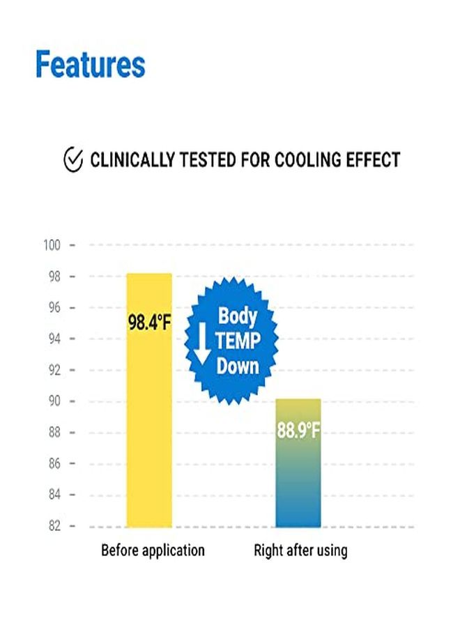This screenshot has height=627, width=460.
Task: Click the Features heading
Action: pos(91,65)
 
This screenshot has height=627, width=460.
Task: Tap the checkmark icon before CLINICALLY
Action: pos(72,160)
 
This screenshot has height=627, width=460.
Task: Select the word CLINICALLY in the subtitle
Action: pos(133,160)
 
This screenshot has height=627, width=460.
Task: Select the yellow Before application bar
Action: pos(148,418)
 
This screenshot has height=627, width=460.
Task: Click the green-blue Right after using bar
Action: pos(298,481)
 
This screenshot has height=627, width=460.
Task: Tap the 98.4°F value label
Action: pos(148,323)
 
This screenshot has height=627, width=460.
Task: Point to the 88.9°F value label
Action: pos(298,431)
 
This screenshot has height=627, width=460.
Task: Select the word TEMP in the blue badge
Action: pos(238,341)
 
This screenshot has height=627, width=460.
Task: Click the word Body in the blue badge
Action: pos(238,316)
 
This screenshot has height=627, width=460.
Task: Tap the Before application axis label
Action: pos(153,550)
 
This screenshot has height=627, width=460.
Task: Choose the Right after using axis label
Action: pos(300,550)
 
